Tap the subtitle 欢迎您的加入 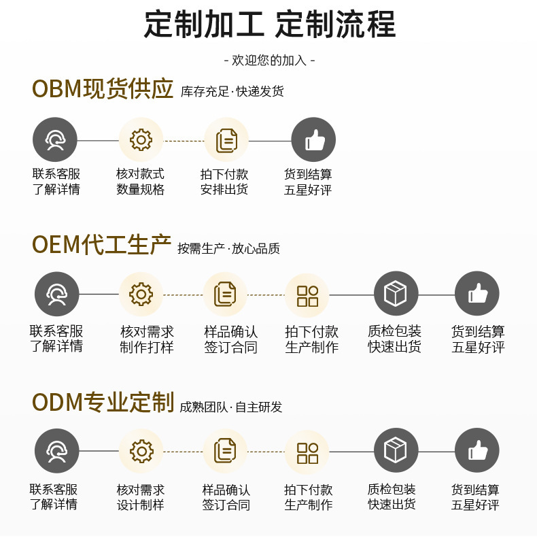click(269, 61)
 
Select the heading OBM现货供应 click(103, 89)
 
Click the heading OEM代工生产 click(101, 245)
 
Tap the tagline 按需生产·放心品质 click(228, 249)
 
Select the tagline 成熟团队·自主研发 click(230, 407)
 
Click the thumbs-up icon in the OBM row click(313, 140)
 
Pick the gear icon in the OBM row click(141, 140)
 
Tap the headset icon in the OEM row click(56, 295)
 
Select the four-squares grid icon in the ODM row click(307, 452)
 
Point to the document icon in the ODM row click(224, 451)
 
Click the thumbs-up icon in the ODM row click(477, 451)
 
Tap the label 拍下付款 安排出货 click(224, 182)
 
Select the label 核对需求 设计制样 click(141, 497)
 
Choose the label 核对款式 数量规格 click(141, 182)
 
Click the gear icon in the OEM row click(141, 295)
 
